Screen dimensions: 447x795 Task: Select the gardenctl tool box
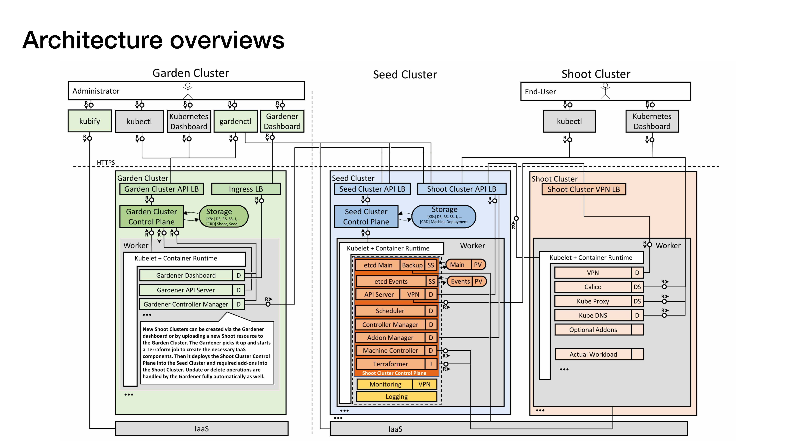coord(235,121)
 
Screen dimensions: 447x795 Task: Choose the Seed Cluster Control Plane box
coord(366,217)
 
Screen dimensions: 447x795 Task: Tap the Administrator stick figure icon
coord(188,90)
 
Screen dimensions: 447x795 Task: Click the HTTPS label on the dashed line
coord(106,163)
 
